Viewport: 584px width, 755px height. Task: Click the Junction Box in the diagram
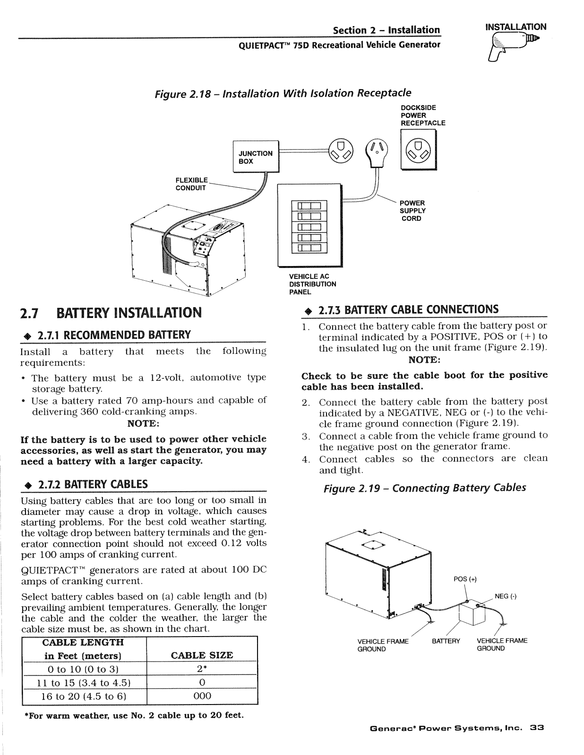(x=256, y=156)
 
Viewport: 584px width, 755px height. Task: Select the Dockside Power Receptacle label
(x=423, y=116)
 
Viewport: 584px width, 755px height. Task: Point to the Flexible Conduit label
(x=191, y=184)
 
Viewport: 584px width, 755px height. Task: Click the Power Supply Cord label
(x=412, y=211)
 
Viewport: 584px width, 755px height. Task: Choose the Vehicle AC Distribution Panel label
(x=312, y=284)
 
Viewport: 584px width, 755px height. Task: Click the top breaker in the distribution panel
(x=309, y=206)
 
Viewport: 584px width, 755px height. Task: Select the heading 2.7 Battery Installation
(x=111, y=312)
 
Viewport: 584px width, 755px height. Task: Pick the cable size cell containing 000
(x=202, y=696)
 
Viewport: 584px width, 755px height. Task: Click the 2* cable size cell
(x=202, y=669)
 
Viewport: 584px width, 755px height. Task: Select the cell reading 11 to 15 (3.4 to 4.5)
(x=83, y=683)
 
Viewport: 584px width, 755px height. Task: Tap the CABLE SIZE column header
(x=202, y=655)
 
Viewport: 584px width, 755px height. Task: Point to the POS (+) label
(x=465, y=579)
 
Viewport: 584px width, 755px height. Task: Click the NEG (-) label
(x=506, y=596)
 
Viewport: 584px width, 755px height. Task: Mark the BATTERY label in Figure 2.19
(x=446, y=641)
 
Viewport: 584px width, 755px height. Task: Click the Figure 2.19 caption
(x=424, y=488)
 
